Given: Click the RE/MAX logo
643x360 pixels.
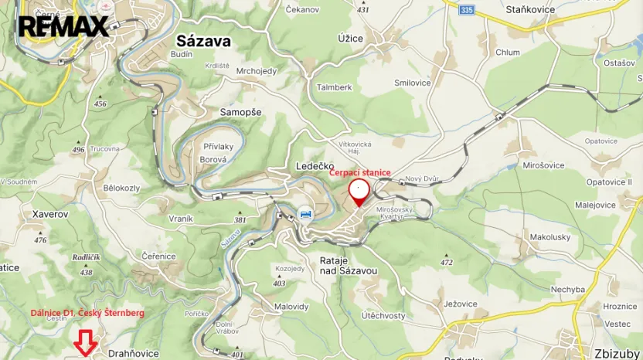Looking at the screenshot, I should [x=63, y=26].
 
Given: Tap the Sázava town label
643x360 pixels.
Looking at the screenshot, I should [x=203, y=41].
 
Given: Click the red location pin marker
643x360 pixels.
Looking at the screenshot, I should [x=359, y=192].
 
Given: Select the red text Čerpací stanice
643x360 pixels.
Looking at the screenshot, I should [x=360, y=173].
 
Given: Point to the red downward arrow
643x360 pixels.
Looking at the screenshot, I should [x=86, y=343].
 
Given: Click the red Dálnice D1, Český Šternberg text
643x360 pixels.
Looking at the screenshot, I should [x=87, y=312].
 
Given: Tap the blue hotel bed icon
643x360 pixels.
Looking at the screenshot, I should [x=306, y=214].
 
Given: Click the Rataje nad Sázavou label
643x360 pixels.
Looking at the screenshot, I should [x=349, y=266].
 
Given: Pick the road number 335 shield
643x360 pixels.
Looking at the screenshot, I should [x=464, y=10].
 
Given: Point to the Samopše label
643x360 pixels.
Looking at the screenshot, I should [x=241, y=112].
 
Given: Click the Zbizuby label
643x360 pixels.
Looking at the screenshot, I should [x=617, y=354].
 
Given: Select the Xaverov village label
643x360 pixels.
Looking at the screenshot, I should [x=50, y=213].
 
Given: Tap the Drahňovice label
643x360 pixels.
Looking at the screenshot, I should [x=134, y=353].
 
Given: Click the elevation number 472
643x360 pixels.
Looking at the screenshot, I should [x=447, y=263].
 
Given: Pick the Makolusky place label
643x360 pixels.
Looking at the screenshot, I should [x=550, y=236].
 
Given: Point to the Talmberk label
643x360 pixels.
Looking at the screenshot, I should [x=334, y=87].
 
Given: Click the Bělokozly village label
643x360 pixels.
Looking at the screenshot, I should [x=121, y=188].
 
